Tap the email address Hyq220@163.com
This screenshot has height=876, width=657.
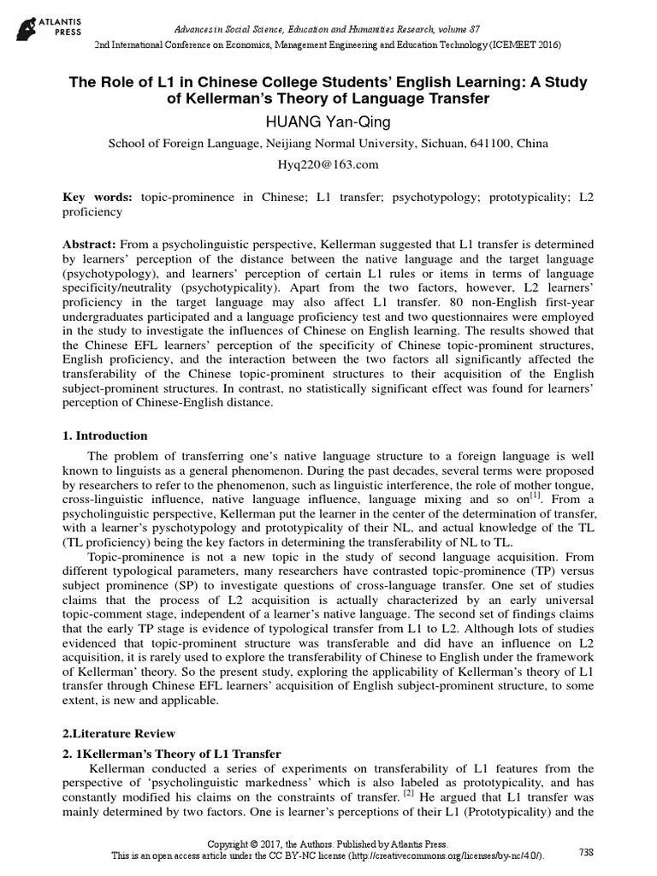point(328,164)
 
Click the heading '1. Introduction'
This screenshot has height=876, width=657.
point(106,435)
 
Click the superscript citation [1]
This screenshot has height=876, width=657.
point(509,494)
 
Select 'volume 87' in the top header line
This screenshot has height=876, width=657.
point(464,8)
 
